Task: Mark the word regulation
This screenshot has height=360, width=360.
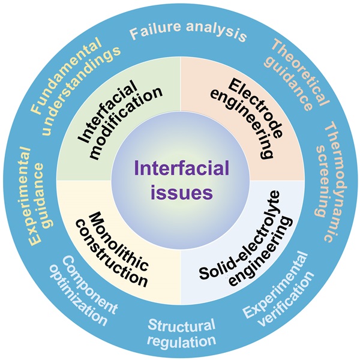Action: click(x=182, y=341)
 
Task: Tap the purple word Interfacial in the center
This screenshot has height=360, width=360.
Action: click(x=181, y=166)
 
